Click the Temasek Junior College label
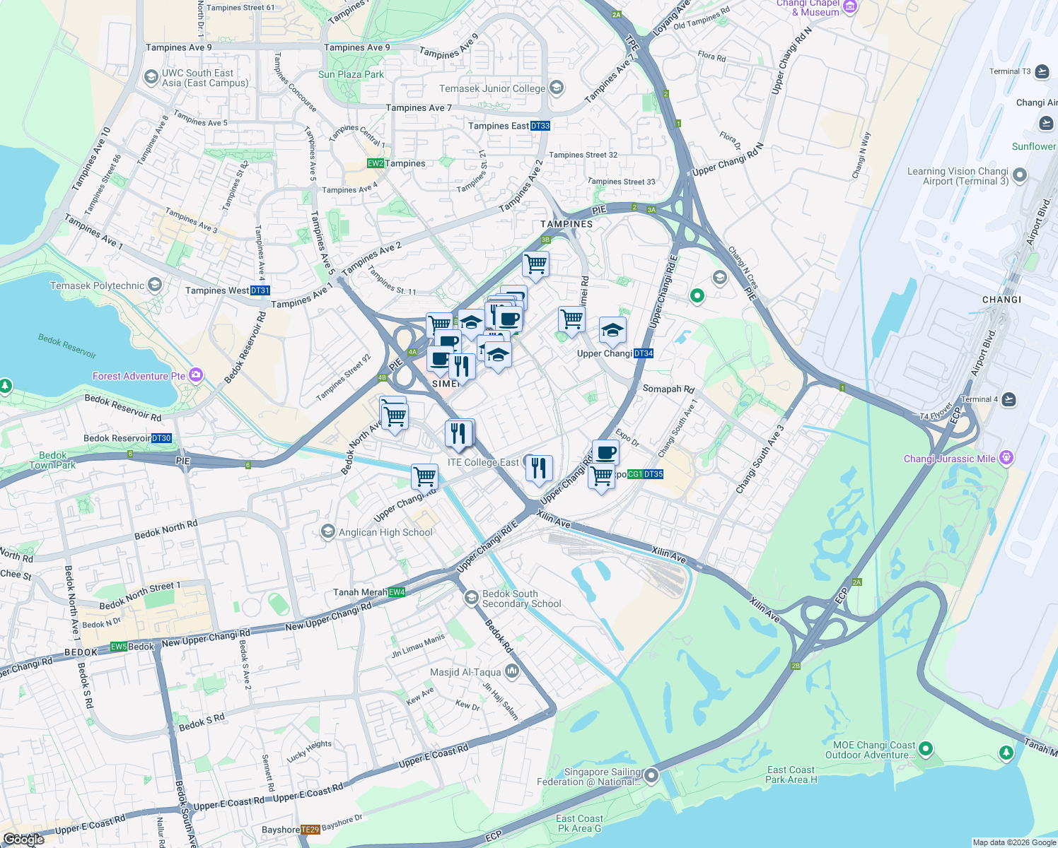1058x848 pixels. (492, 89)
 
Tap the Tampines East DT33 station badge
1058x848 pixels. (540, 126)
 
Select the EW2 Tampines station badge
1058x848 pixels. (376, 164)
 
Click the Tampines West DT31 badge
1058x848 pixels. (260, 290)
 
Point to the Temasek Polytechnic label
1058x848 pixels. (97, 286)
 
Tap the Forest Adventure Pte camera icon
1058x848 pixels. (196, 375)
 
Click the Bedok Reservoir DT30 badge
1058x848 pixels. (162, 439)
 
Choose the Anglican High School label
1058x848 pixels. (385, 533)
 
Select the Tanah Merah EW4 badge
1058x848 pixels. (397, 593)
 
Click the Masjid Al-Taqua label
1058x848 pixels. (465, 673)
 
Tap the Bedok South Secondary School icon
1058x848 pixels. (471, 599)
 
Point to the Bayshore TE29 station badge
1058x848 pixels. (310, 830)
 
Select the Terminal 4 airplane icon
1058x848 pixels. (1008, 399)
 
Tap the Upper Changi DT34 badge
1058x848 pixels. (644, 354)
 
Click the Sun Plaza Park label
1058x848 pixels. (351, 75)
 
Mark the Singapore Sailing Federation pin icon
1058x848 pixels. (651, 777)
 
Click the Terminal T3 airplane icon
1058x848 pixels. (1042, 71)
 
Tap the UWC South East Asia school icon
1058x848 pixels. (151, 77)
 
